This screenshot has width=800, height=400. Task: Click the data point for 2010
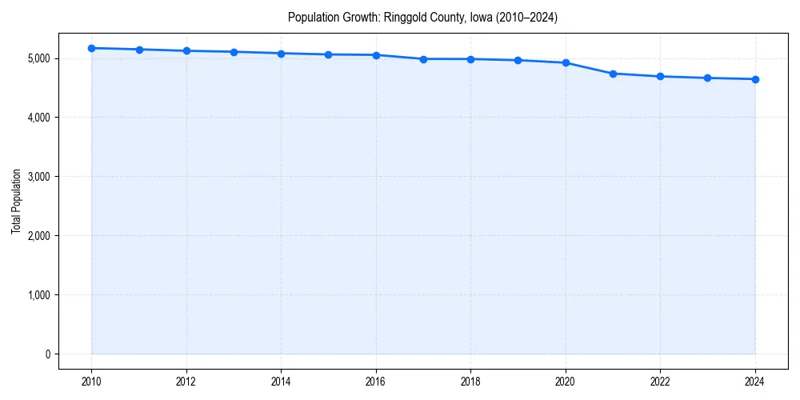coord(92,48)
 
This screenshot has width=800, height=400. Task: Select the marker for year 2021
coord(613,74)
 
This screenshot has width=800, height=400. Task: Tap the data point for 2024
coord(755,79)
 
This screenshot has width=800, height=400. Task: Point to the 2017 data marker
coord(423,59)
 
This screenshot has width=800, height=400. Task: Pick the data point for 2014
coord(281,54)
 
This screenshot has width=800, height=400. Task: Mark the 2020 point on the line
coord(566,62)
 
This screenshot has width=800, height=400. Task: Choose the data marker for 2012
coord(186,50)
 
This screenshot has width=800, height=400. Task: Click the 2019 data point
coord(518,60)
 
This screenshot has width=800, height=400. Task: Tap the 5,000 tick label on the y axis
coord(38,58)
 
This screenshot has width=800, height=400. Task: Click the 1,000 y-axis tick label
coord(38,295)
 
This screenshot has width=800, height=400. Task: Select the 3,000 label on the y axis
coord(38,177)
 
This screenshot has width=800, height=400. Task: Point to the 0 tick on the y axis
coord(47,354)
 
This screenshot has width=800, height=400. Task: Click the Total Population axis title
coord(16,201)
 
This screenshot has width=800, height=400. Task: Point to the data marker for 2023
coord(708,78)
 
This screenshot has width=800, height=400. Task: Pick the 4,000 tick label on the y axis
coord(38,118)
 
